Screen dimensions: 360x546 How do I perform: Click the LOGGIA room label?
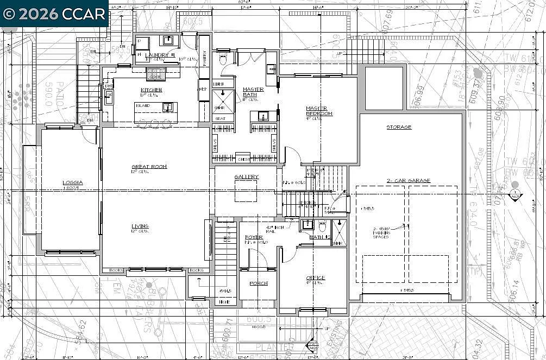[x=72, y=182]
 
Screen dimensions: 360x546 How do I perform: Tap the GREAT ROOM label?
[x=149, y=167]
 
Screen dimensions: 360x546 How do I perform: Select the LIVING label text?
[x=140, y=226]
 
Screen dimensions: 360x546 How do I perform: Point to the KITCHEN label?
[x=152, y=90]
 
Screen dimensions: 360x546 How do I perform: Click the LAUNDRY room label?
[x=158, y=55]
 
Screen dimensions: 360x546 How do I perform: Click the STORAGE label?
[x=399, y=127]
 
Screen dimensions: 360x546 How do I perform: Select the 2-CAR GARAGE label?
[x=408, y=180]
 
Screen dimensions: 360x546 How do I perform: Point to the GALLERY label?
[x=246, y=177]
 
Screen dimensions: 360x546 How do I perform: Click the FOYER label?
[x=253, y=237]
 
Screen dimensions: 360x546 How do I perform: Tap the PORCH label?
[x=258, y=283]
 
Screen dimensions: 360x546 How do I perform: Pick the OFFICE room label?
[x=315, y=278]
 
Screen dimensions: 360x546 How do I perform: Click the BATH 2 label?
[x=319, y=237]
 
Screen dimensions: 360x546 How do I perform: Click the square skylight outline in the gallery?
[x=246, y=191]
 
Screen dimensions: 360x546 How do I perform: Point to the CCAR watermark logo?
[x=54, y=14]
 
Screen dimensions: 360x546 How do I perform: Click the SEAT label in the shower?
[x=221, y=118]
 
